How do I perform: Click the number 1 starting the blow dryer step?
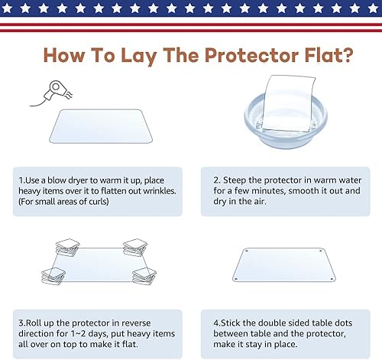[x=21, y=181]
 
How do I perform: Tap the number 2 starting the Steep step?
[x=215, y=181]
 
